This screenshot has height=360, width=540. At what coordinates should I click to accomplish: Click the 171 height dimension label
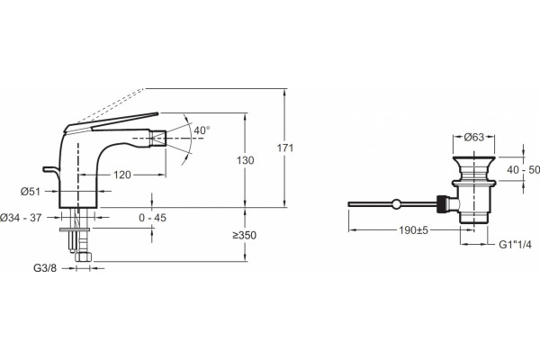285,148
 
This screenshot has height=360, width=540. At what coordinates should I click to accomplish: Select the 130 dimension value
245,160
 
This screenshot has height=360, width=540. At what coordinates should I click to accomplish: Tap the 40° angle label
202,130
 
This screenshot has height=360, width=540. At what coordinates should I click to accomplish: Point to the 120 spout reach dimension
122,175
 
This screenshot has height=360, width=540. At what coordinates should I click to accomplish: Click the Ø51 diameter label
31,192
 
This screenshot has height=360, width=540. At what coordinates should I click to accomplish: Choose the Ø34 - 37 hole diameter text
21,218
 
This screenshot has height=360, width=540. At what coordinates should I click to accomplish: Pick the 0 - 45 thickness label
153,218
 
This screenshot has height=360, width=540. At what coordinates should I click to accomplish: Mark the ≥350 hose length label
244,235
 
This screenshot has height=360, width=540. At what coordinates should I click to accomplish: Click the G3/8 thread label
45,268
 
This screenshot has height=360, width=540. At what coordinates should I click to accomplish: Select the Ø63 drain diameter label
474,137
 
